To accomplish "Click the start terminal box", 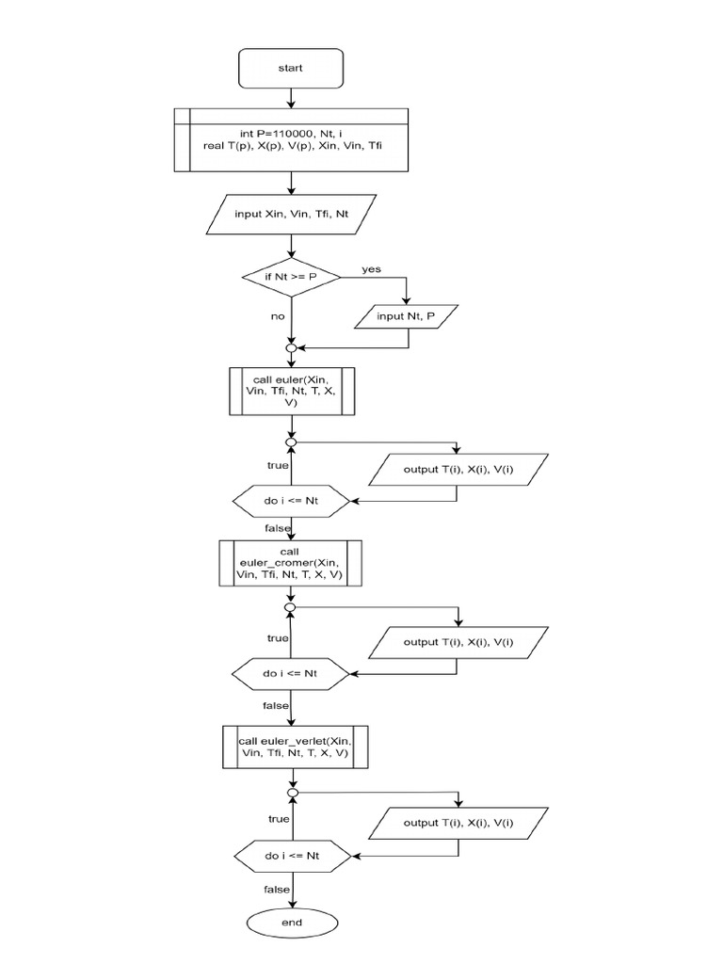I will [x=291, y=68].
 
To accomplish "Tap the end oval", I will [x=291, y=923].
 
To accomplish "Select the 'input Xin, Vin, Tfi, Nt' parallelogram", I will [x=291, y=214].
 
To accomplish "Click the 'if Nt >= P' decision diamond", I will [x=291, y=277].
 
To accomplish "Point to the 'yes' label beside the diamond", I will [x=372, y=269].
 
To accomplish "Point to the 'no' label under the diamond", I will [x=277, y=316].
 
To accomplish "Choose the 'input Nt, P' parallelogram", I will [x=406, y=316].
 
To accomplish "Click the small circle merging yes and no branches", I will [x=291, y=348].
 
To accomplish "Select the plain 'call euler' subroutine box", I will [x=291, y=391].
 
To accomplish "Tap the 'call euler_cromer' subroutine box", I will [x=291, y=563].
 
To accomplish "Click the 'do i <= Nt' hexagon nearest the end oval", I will [x=291, y=856].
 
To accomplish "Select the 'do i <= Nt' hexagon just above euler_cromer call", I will [x=291, y=502].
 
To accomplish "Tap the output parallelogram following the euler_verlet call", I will [x=458, y=823].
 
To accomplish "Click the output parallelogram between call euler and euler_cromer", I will [x=458, y=470].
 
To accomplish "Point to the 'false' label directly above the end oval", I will [x=276, y=890].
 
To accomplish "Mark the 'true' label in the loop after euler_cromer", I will [x=277, y=638].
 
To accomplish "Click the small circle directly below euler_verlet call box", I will [x=293, y=794].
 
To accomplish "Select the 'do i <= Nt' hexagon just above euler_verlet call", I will [x=291, y=674].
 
